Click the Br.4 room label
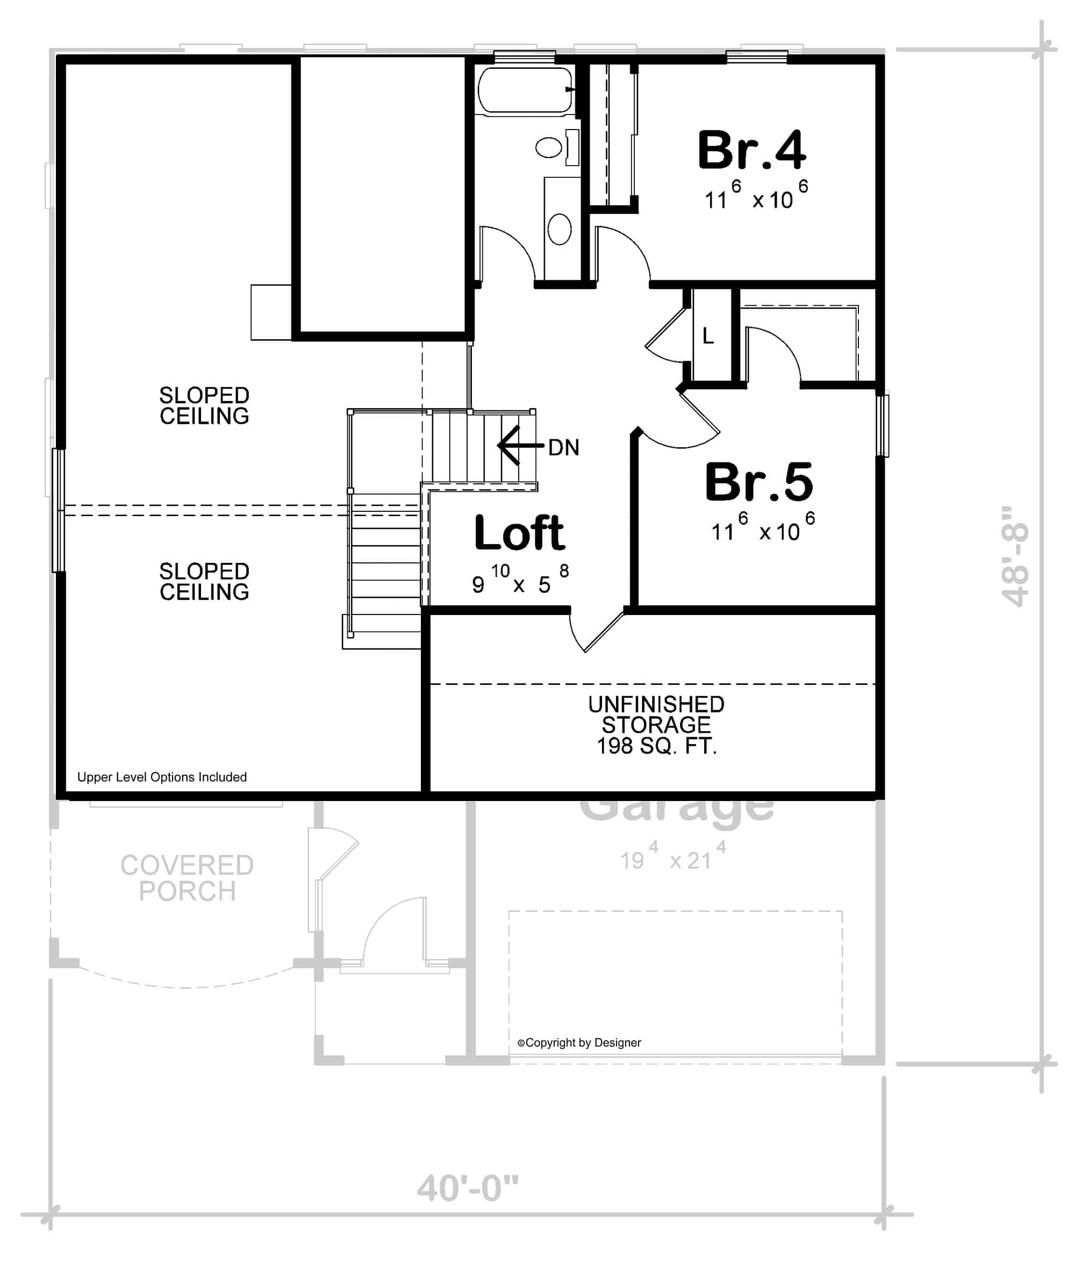[x=751, y=151]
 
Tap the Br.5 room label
[x=759, y=482]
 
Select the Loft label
[x=519, y=533]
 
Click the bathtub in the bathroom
[x=525, y=91]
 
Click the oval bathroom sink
[x=560, y=228]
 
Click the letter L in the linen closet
[x=708, y=335]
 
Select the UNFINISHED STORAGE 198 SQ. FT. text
[x=656, y=725]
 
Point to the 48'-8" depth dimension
[x=1015, y=556]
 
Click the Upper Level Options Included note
[x=162, y=777]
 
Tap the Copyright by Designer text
[x=579, y=1042]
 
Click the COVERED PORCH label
[x=187, y=878]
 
